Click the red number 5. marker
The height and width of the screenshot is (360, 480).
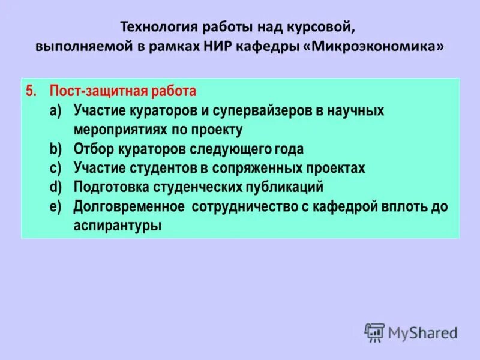[x=32, y=92]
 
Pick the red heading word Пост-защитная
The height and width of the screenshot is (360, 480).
[x=94, y=92]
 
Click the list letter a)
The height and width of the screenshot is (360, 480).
[x=55, y=111]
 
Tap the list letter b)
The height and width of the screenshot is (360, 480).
[x=55, y=149]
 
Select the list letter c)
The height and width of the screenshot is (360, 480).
[x=55, y=169]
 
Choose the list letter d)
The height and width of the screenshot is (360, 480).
[x=55, y=187]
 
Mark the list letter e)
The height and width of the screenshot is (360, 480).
[x=55, y=206]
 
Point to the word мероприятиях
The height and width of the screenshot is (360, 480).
[x=116, y=130]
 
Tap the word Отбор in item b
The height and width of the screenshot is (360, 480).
[x=92, y=149]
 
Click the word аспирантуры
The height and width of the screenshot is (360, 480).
[x=118, y=226]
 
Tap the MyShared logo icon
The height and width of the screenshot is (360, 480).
[x=374, y=332]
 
